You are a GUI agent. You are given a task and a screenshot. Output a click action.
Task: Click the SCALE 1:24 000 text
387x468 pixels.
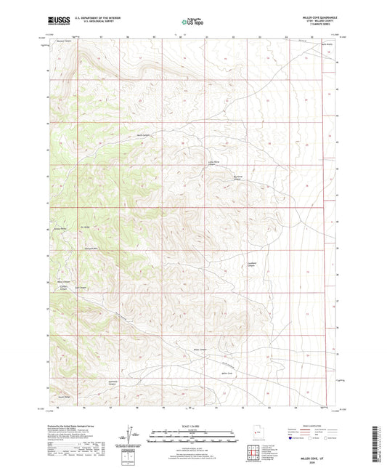[193, 426]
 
